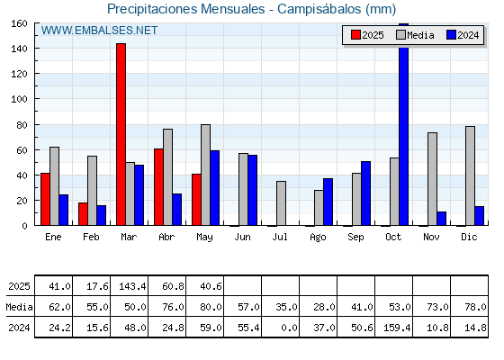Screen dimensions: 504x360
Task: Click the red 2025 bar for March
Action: click(121, 134)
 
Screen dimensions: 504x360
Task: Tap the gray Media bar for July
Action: click(281, 203)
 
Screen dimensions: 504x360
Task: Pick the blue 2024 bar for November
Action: click(442, 219)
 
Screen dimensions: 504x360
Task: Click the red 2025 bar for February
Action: click(83, 214)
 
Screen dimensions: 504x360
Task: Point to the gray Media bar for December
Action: click(470, 175)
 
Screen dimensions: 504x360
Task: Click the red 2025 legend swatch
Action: click(355, 35)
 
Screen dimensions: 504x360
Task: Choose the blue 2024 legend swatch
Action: click(451, 35)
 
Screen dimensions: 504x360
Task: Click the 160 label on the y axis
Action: click(19, 23)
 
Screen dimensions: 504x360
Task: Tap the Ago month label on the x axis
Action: click(318, 238)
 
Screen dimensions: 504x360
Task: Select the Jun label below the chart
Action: click(242, 238)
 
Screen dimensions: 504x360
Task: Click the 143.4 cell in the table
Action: click(132, 286)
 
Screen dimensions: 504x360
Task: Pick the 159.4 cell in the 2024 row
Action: click(397, 328)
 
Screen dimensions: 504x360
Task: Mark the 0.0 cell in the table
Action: click(289, 328)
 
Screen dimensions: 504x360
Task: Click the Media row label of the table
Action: click(19, 307)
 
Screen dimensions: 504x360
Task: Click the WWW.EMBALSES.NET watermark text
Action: click(99, 31)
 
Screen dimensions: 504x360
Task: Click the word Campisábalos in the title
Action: click(319, 9)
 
